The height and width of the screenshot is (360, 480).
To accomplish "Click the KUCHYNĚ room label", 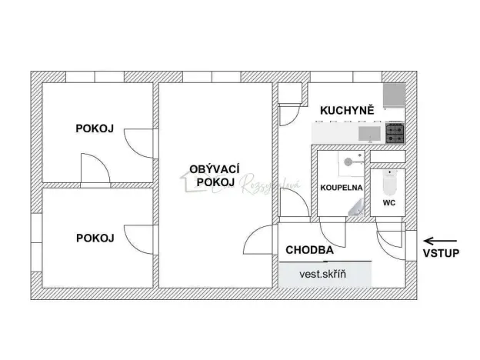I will coord(347,111).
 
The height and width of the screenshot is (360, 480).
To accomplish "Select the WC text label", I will coord(389,204).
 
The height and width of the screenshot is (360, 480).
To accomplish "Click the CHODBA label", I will coord(309,250).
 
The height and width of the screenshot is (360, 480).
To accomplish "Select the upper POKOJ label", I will coord(95,128).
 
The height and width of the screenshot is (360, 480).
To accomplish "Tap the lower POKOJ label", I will coord(95,238).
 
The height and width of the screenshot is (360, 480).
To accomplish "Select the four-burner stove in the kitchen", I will coord(395,134).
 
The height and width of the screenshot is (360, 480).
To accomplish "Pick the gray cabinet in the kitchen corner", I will coord(395,95).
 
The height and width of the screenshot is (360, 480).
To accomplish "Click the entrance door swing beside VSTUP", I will coord(391,239).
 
